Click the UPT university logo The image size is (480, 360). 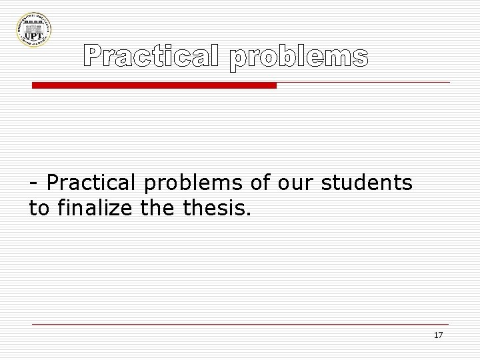tap(34, 28)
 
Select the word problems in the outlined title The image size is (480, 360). tap(298, 59)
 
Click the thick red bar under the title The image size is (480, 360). tap(155, 86)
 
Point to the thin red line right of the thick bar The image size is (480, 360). tap(363, 82)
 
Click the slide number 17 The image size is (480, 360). tap(438, 335)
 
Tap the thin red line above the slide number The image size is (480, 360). tap(240, 324)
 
